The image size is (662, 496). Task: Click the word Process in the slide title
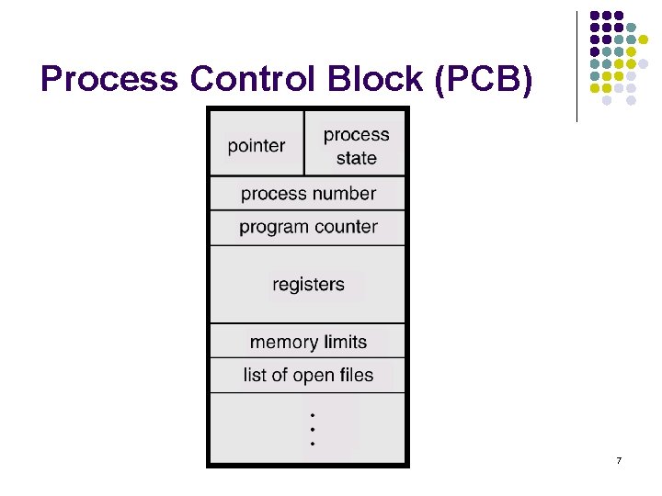click(x=110, y=81)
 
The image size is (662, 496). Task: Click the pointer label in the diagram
click(x=257, y=145)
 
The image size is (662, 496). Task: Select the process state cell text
click(x=356, y=146)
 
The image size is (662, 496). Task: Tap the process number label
click(x=308, y=194)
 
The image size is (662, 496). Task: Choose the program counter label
click(x=308, y=227)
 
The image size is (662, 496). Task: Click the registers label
click(x=308, y=284)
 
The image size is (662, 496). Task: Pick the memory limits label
click(x=308, y=342)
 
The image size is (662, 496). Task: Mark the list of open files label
click(x=308, y=375)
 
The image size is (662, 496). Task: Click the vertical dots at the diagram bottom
click(x=313, y=429)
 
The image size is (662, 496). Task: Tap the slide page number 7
click(x=619, y=459)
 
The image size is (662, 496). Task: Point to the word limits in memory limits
click(x=344, y=342)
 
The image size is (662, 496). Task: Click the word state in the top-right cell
click(x=356, y=158)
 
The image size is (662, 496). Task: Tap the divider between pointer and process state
click(x=303, y=143)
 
